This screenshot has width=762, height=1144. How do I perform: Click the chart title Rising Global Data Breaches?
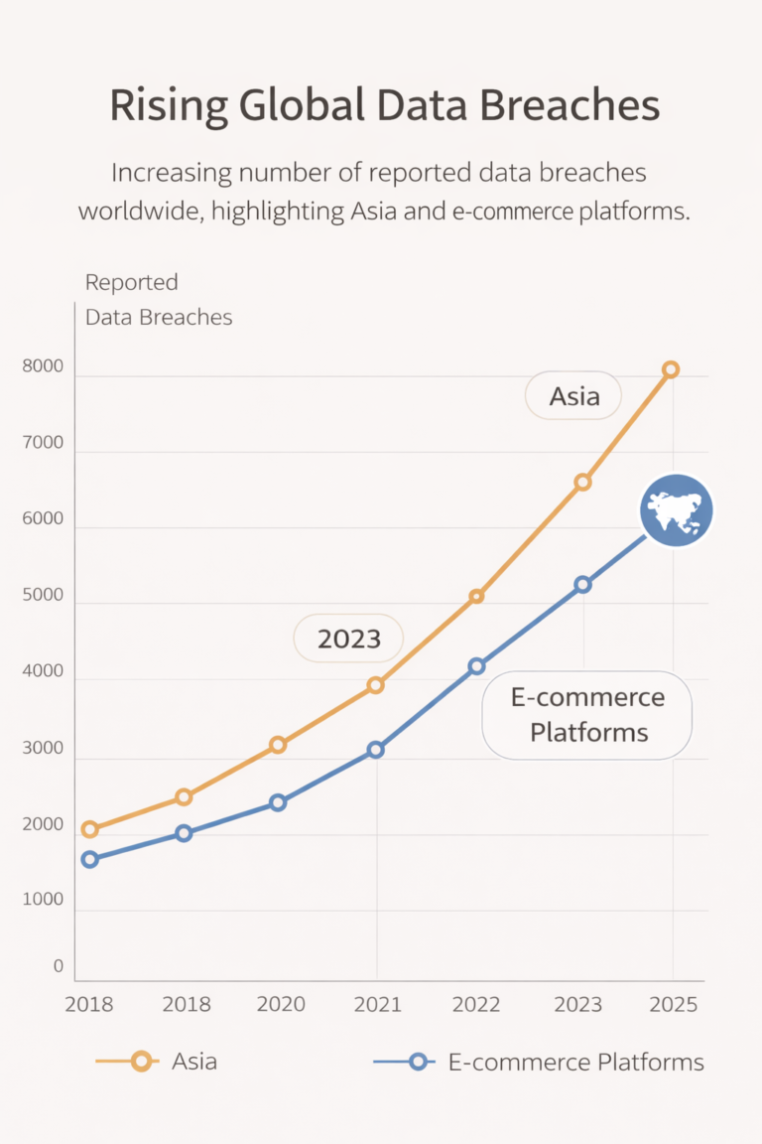[x=384, y=106]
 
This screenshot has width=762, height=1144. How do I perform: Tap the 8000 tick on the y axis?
[x=44, y=367]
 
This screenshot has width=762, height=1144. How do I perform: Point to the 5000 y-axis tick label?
[x=44, y=597]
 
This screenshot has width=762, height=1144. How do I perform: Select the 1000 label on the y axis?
[x=44, y=901]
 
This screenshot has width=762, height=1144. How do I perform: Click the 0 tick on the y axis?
[x=58, y=966]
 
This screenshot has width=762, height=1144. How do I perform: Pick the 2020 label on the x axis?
[x=281, y=1004]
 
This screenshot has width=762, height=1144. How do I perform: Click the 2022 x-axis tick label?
[x=476, y=1004]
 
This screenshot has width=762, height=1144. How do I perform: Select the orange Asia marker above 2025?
[x=671, y=369]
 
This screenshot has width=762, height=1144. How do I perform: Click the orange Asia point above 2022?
[x=476, y=596]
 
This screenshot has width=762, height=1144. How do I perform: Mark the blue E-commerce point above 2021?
[x=375, y=750]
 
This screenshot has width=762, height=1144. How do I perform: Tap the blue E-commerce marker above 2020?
[x=278, y=802]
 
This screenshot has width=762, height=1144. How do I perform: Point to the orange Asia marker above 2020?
[x=278, y=745]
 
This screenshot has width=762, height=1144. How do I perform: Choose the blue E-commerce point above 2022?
[x=476, y=666]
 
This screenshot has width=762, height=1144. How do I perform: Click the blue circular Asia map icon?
[x=676, y=510]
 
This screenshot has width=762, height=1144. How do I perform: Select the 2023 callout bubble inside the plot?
[x=349, y=639]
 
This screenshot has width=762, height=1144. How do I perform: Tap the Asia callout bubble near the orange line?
[x=574, y=397]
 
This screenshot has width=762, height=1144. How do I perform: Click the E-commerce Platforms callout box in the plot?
[x=587, y=715]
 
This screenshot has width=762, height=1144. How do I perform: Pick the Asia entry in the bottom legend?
[x=159, y=1062]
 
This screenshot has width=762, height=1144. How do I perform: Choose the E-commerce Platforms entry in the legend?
[x=541, y=1062]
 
